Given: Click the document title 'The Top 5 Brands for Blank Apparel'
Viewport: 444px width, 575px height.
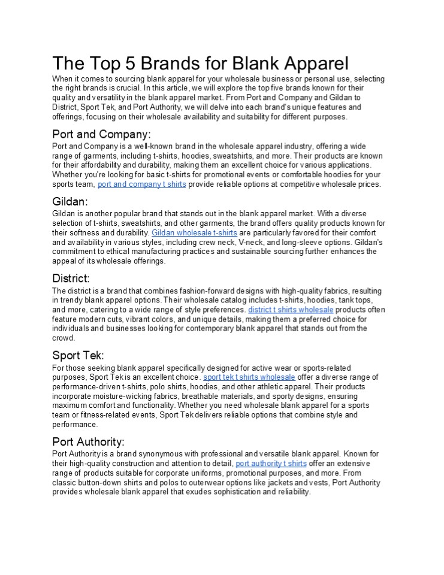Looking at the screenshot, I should click(x=200, y=63).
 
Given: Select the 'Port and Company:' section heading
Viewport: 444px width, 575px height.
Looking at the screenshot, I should click(x=101, y=134).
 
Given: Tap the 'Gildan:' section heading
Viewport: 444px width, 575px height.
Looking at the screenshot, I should click(x=70, y=202).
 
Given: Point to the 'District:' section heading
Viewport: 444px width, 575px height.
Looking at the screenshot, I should click(x=71, y=279).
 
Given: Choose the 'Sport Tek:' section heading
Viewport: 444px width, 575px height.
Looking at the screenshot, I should click(x=78, y=355).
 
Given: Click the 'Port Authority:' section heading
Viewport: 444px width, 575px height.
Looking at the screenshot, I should click(x=88, y=442).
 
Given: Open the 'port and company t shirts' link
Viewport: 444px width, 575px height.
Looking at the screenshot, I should click(x=141, y=184).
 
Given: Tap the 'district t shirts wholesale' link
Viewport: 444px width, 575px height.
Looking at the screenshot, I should click(x=291, y=310).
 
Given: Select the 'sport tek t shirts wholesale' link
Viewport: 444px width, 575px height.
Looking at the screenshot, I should click(x=249, y=377).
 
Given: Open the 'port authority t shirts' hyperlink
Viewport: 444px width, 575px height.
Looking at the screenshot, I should click(x=271, y=464).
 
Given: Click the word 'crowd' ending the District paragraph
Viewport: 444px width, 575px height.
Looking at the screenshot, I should click(x=63, y=338).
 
